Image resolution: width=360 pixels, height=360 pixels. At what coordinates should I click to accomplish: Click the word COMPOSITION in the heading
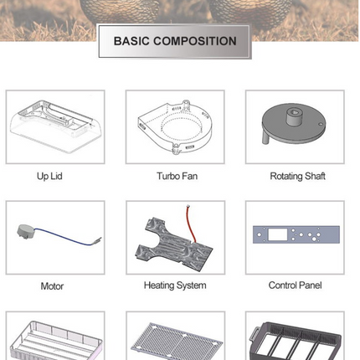coord(195,41)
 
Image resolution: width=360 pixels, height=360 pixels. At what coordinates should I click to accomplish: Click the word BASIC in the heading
coord(131,41)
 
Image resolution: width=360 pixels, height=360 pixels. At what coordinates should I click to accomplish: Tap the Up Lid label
coord(49,177)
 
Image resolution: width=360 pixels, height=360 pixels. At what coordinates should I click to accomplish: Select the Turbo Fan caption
coord(177,176)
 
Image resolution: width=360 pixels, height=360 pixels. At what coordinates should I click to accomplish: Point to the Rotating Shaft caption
coord(297,177)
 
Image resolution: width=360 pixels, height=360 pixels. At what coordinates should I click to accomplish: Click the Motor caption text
coord(52,286)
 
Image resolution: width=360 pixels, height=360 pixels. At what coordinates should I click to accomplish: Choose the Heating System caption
coord(175,285)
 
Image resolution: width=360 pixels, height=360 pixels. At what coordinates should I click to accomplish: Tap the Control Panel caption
coord(295,285)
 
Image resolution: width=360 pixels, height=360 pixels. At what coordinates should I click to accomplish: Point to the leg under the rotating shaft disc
coord(266,137)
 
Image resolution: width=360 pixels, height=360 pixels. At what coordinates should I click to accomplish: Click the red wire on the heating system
coord(190,224)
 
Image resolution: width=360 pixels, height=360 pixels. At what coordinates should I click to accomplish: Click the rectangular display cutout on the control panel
coord(277,234)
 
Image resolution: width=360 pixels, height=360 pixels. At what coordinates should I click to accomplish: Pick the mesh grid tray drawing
coord(177,341)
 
